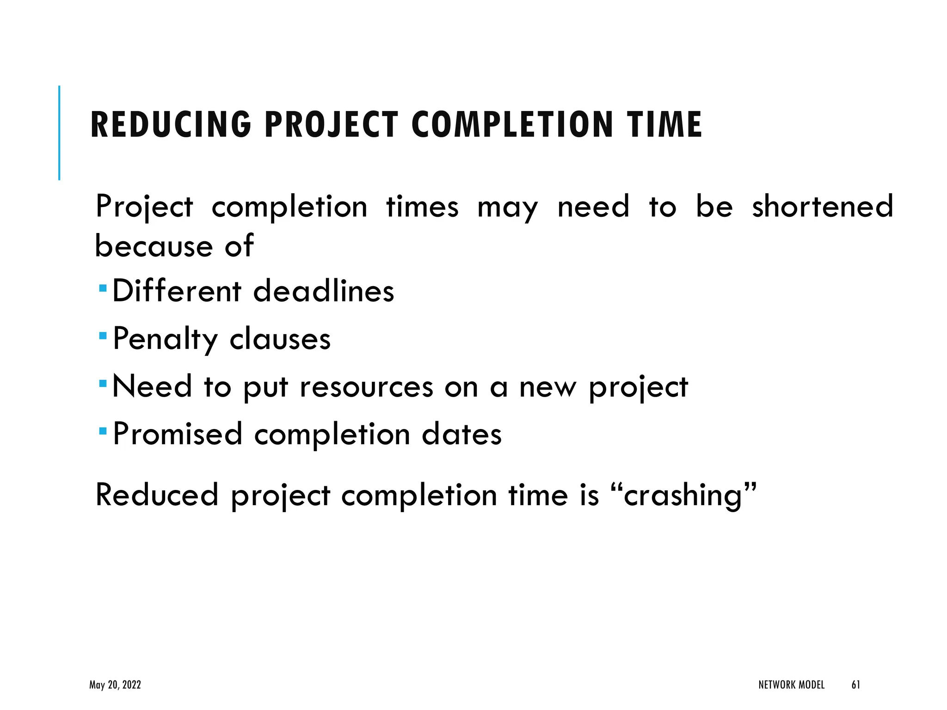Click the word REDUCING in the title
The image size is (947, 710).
click(171, 125)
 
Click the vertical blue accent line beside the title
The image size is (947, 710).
click(59, 133)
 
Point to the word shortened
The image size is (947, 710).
click(822, 207)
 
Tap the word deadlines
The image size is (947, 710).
click(324, 291)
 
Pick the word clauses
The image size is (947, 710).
click(280, 339)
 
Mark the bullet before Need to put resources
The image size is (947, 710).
click(103, 383)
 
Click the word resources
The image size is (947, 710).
click(366, 387)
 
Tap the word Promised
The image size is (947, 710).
click(178, 434)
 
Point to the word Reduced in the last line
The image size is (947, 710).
click(156, 495)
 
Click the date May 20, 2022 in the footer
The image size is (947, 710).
click(115, 685)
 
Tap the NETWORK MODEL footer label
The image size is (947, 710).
click(791, 685)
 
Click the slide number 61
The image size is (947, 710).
click(855, 685)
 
